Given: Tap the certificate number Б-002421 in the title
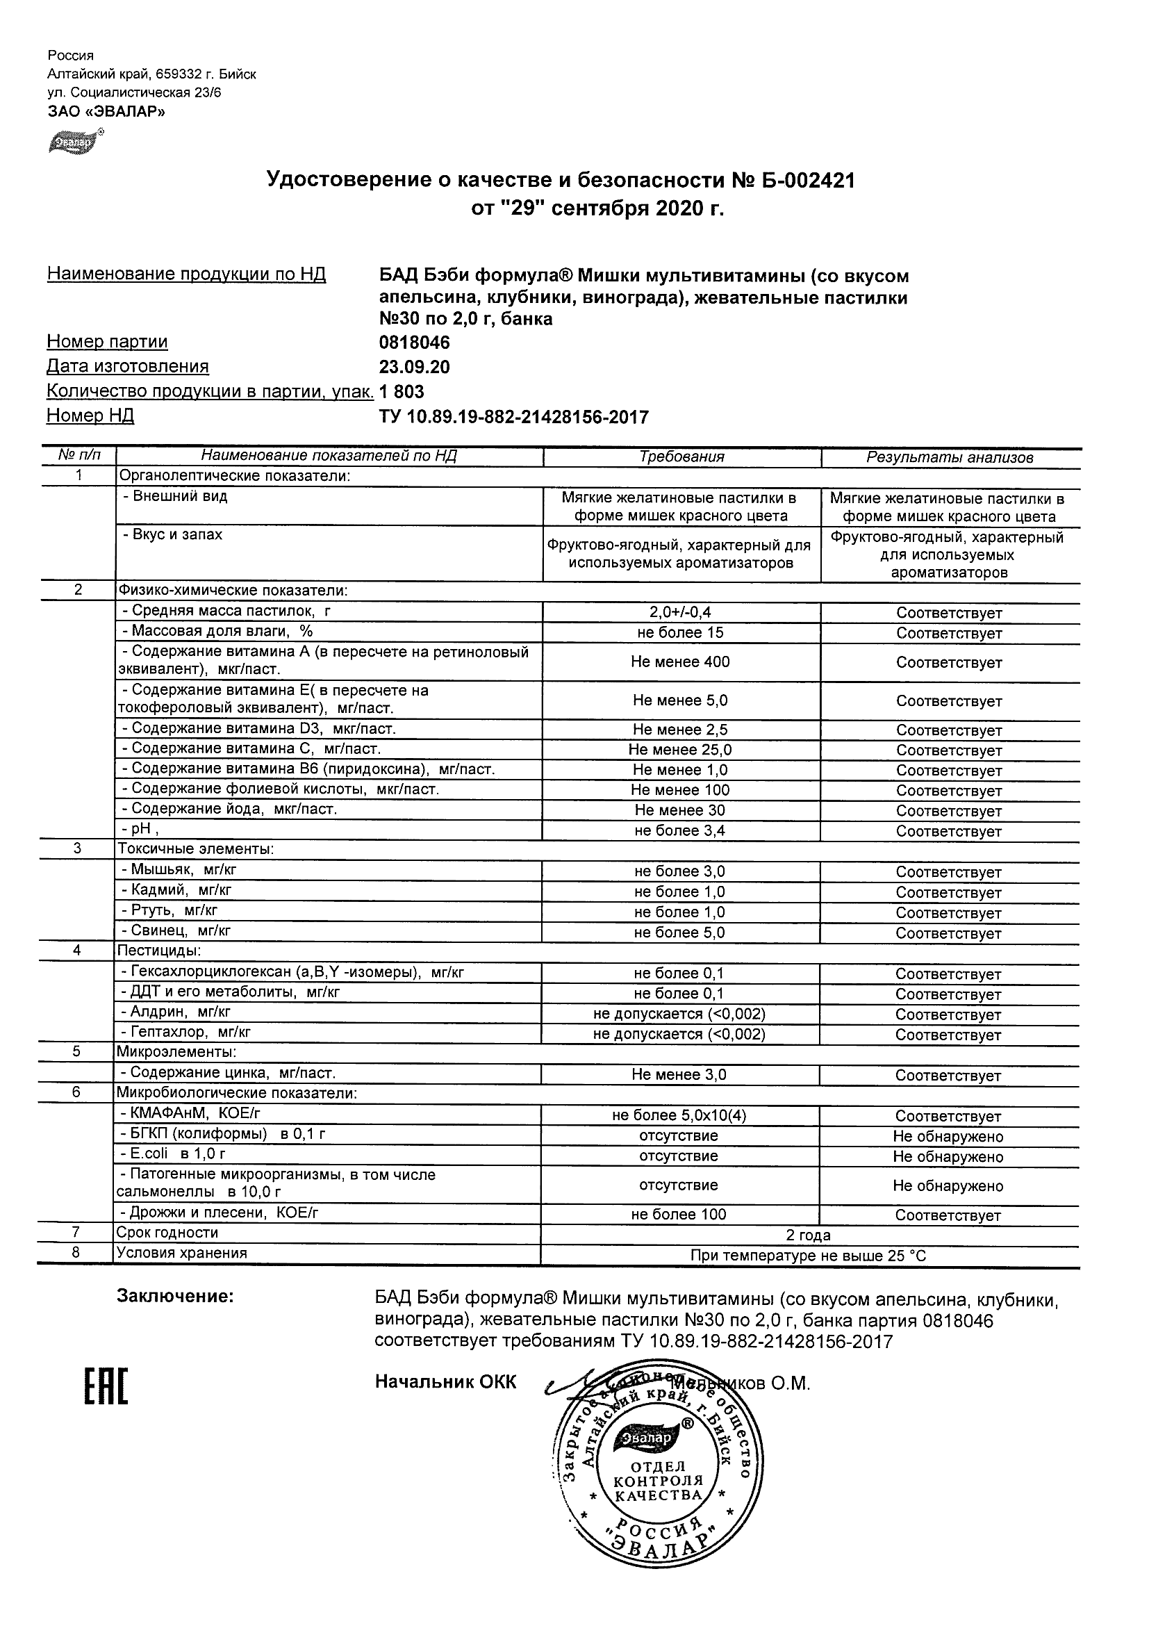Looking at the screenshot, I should pos(808,181).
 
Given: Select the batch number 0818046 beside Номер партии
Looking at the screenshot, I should pos(415,343).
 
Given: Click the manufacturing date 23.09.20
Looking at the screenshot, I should pos(415,367).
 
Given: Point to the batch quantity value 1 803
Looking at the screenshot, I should pos(402,392).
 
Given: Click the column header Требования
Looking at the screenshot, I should pos(681,457).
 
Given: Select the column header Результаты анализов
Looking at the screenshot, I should pos(950,458).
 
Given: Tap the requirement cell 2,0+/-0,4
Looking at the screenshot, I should pos(680,613).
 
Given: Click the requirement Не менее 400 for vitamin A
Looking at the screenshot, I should pos(680,662).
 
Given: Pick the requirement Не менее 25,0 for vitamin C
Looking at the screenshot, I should pos(680,750).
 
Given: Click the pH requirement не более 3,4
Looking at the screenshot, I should pos(679,830).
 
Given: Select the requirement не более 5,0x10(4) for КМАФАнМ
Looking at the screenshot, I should pos(679,1116).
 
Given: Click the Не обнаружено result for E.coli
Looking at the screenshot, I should pos(948,1157).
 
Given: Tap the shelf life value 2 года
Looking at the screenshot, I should pos(809,1235).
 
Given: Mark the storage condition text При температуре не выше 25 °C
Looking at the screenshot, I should pos(809,1256).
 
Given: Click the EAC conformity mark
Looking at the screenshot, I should pos(106,1386).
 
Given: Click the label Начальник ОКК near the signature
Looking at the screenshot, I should pos(446,1382).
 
